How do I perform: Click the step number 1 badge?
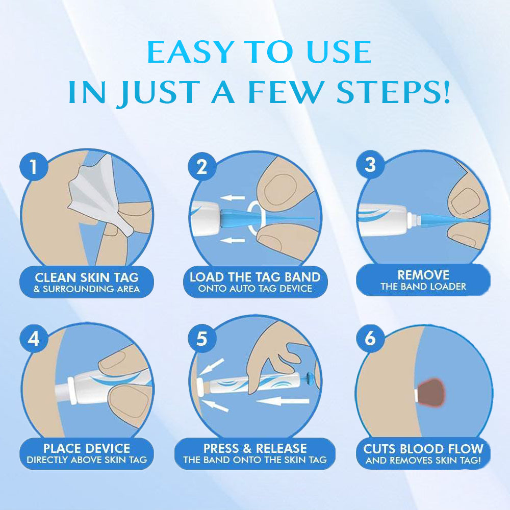34,167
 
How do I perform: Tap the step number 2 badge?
202,167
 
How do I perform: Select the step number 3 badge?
370,165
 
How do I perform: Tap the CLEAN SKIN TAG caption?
87,278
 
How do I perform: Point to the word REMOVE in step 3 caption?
423,275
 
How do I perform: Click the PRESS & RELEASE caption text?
255,448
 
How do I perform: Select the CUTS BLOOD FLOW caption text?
423,449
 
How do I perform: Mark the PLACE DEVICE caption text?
87,448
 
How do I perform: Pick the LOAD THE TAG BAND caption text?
255,277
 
